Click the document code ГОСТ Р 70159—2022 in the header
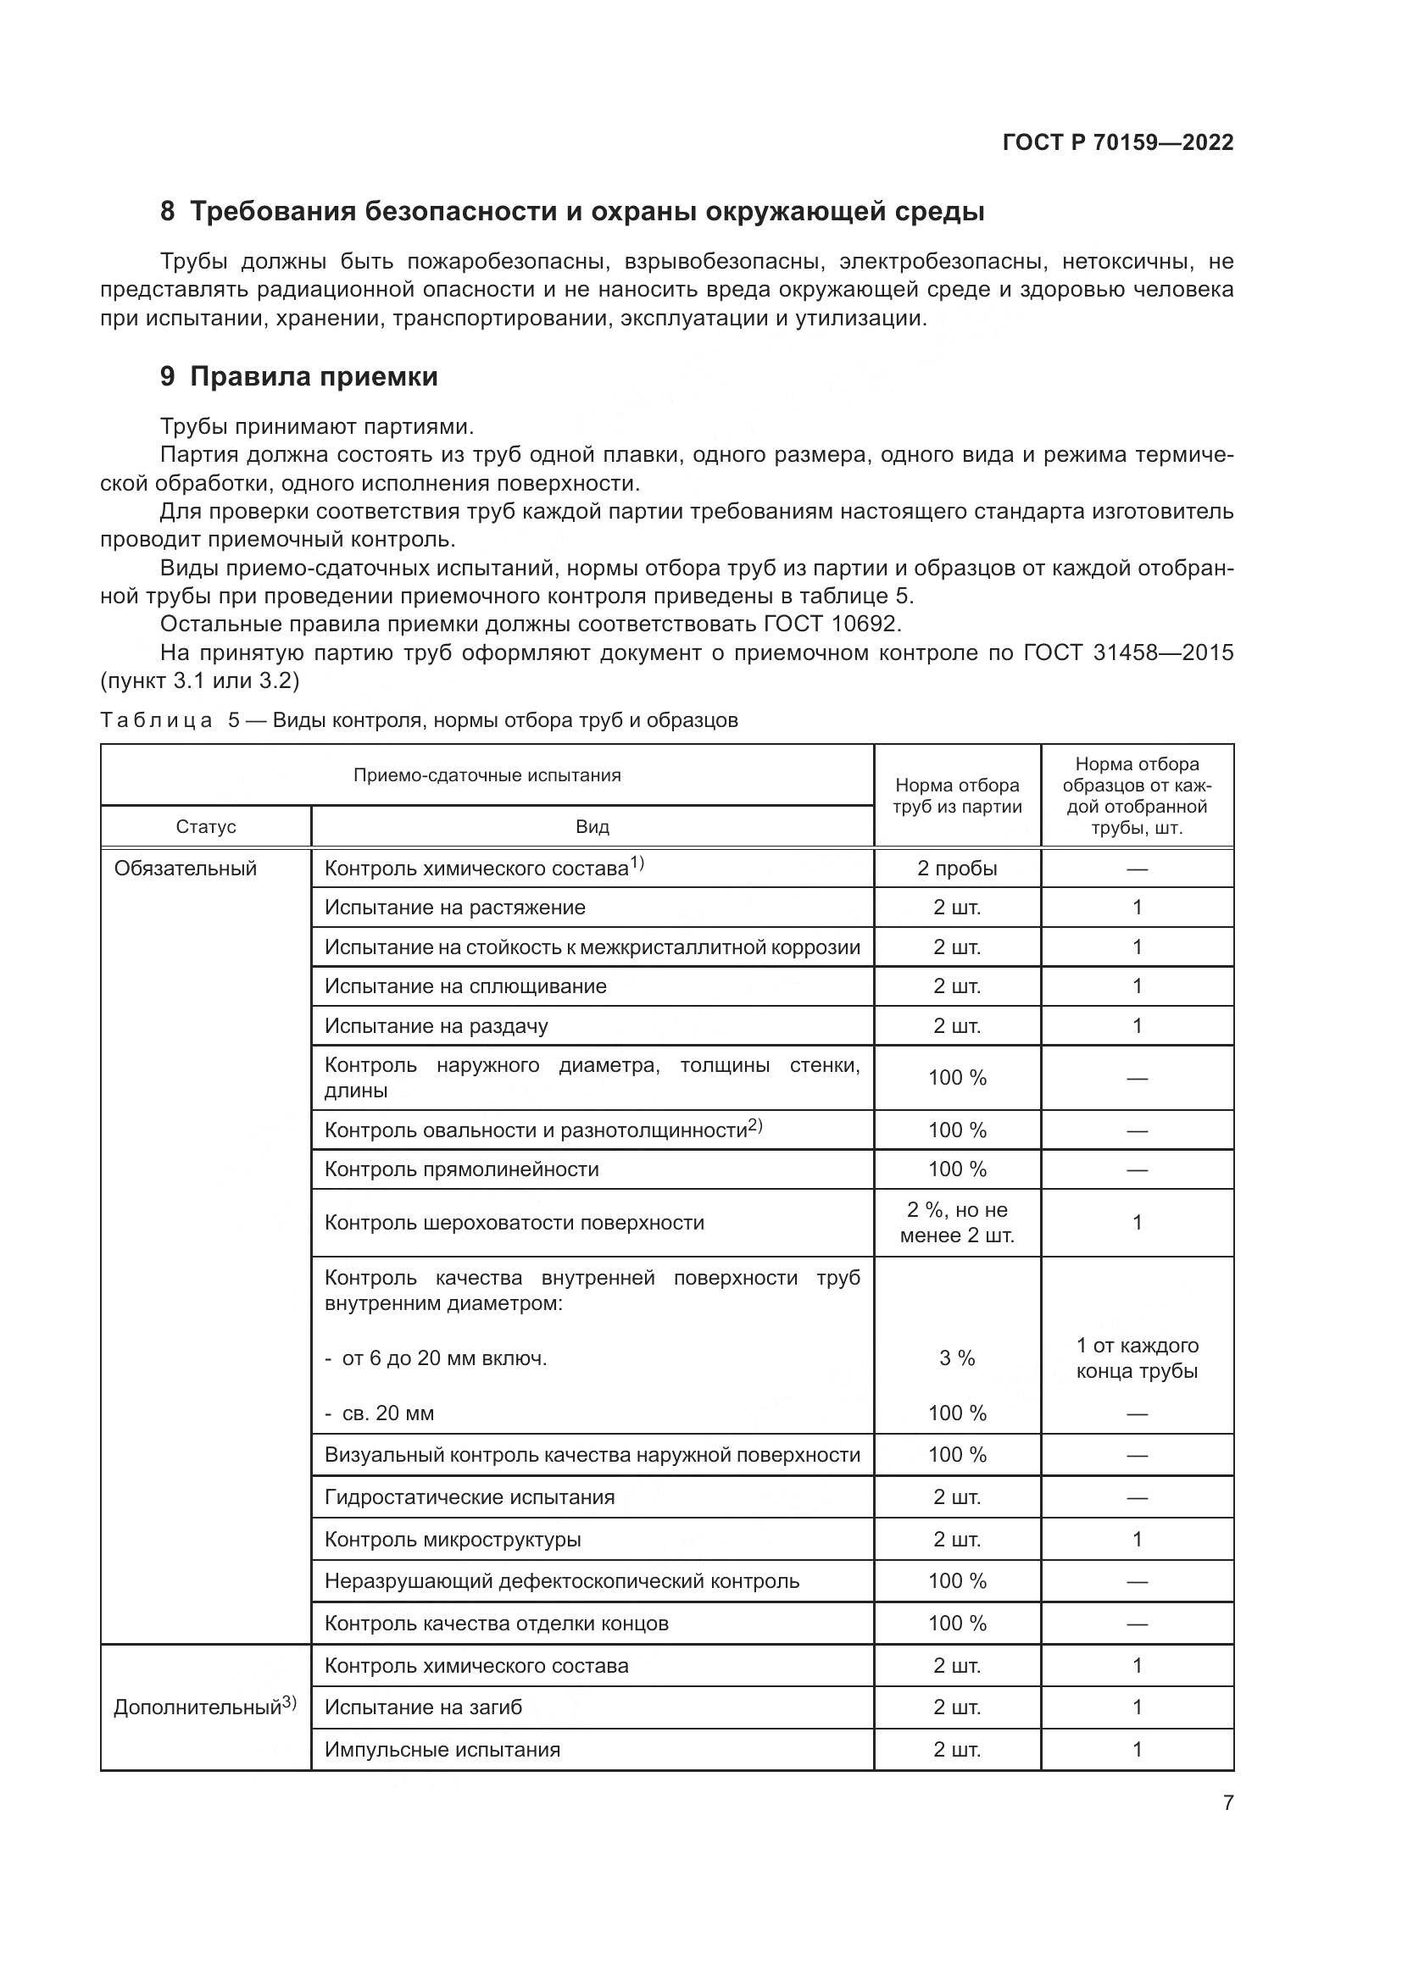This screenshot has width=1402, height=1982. pos(1117,142)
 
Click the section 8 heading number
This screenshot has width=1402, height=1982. pos(168,212)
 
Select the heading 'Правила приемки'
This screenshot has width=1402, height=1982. pos(314,377)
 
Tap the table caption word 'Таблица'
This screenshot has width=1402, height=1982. pos(156,720)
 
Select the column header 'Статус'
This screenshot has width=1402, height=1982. pos(205,827)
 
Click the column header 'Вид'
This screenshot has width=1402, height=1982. pos(593,827)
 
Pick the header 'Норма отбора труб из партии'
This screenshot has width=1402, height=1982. pos(956,796)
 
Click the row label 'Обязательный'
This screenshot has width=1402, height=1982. pos(186,869)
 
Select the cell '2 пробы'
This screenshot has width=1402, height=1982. pos(956,869)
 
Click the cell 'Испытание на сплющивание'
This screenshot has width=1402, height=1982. pos(465,986)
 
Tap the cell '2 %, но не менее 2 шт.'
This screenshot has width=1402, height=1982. pos(956,1223)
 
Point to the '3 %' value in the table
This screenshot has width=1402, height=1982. pos(956,1357)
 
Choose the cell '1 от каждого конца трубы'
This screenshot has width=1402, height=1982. pos(1136,1357)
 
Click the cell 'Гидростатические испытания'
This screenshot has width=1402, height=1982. pos(470,1497)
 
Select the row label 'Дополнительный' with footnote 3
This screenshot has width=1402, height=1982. pos(204,1707)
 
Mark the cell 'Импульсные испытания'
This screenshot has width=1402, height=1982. pos(442,1750)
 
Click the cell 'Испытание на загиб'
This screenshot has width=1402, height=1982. pos(423,1707)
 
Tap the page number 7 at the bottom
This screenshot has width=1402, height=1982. pos(1227,1803)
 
